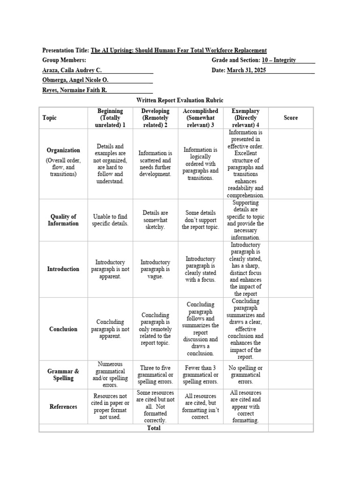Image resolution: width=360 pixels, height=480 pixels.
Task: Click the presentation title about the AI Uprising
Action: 179,51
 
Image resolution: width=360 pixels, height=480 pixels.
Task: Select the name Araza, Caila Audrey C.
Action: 72,70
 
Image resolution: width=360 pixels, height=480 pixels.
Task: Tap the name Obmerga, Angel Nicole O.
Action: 75,80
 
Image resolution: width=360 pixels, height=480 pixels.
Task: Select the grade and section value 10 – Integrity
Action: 279,60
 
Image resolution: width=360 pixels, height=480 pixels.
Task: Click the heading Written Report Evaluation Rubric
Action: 180,100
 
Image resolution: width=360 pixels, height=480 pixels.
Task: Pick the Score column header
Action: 291,118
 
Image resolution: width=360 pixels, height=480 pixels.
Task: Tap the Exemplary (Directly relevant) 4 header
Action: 245,118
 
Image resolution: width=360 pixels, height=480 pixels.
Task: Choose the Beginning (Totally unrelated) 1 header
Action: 110,118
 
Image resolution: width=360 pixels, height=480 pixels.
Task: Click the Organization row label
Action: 63,150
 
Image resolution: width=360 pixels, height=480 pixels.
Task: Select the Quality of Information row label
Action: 63,220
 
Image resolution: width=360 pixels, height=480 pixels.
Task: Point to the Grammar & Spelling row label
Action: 63,375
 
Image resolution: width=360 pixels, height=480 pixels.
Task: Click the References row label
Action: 63,407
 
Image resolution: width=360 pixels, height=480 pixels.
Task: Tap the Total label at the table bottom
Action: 154,428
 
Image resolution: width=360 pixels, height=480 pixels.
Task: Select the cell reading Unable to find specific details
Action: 110,220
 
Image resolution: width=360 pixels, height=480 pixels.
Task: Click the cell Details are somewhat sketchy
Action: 155,220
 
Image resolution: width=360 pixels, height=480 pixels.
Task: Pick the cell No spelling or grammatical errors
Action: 245,375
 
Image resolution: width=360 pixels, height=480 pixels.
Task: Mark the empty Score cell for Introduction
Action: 291,269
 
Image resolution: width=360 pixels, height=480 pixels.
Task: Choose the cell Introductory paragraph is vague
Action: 155,269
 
